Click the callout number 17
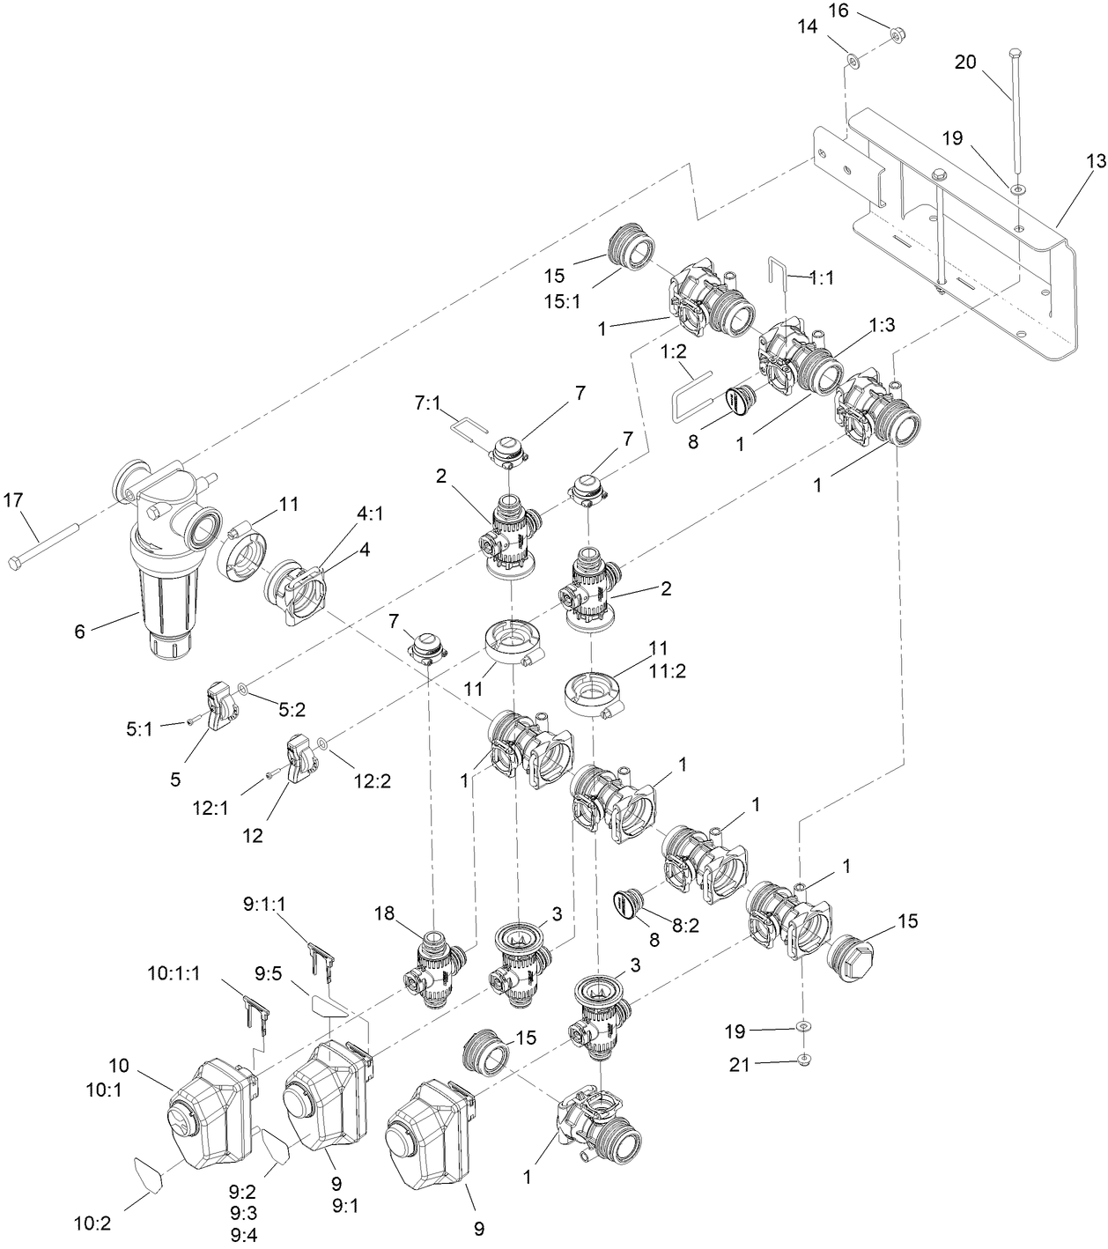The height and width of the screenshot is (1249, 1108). point(12,499)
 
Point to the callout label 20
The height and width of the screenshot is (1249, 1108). point(966,63)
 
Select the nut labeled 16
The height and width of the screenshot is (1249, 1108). point(899,35)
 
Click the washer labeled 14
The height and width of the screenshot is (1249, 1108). point(853,61)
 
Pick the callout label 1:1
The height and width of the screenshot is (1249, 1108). point(822,277)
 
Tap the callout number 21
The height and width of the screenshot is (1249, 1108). point(739,1064)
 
